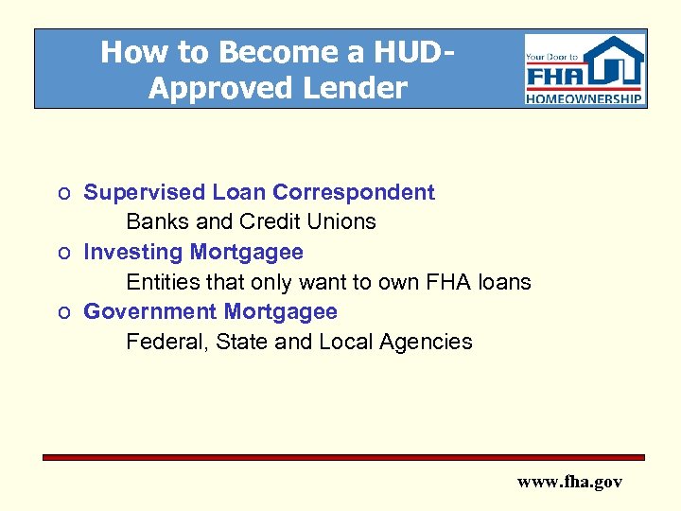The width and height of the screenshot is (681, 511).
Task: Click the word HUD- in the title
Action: click(x=402, y=51)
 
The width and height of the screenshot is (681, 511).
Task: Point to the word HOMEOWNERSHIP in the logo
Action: click(x=585, y=97)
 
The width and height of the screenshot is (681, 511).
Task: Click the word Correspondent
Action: click(x=354, y=192)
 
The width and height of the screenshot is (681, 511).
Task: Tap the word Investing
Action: click(x=133, y=252)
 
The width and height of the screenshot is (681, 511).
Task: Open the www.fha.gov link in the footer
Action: click(x=569, y=482)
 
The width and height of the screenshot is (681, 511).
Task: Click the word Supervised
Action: click(x=144, y=192)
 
